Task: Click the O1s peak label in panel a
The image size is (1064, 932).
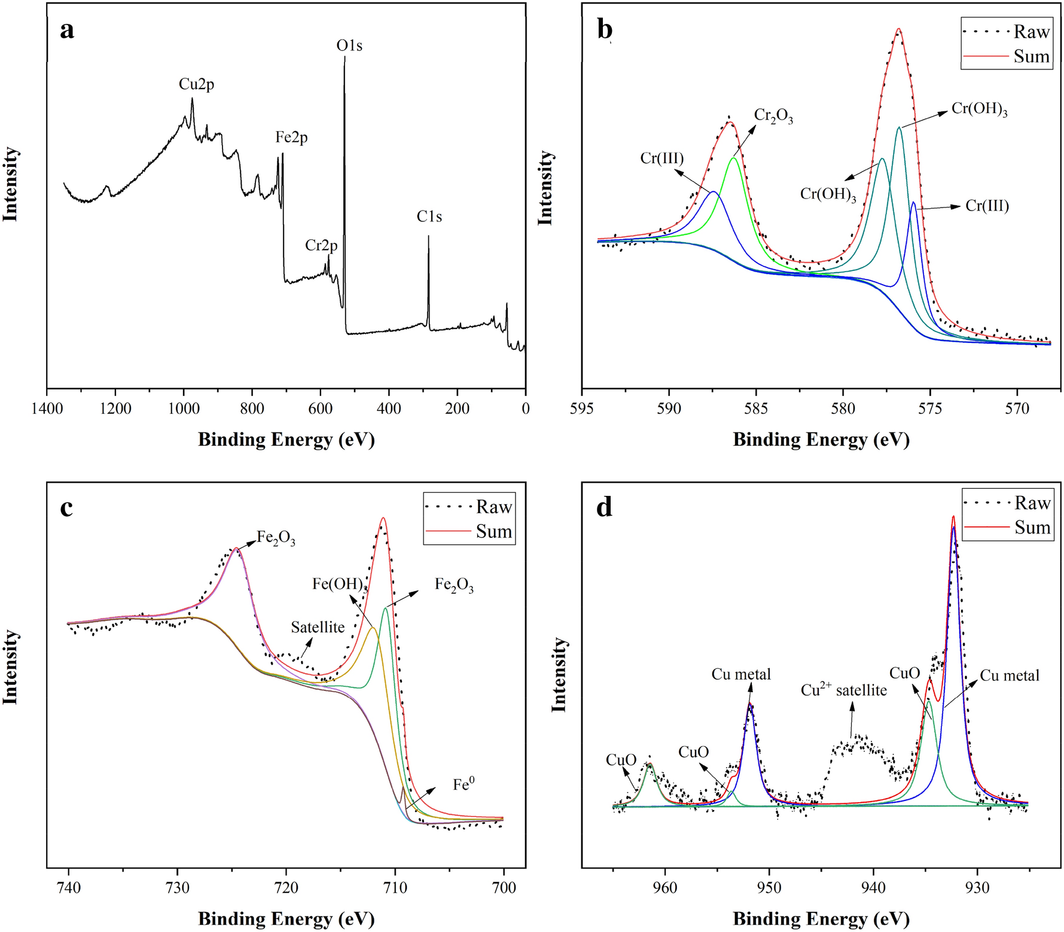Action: [349, 45]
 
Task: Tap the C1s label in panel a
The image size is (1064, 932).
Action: [429, 217]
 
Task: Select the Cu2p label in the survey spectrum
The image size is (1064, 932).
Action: [196, 84]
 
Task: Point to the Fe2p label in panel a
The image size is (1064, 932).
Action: [291, 138]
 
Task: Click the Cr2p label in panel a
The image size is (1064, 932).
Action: [321, 245]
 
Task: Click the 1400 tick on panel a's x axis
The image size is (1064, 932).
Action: [47, 409]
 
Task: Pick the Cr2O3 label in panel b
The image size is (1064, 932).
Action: [773, 115]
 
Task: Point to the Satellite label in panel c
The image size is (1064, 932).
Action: [318, 627]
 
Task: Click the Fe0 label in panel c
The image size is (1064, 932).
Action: [464, 784]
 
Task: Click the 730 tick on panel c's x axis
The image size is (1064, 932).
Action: [177, 888]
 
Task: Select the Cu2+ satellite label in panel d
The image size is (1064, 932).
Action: [843, 690]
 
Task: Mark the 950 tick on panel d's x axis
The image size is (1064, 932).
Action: [770, 888]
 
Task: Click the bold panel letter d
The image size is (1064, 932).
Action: [605, 507]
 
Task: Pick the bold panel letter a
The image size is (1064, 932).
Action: [67, 30]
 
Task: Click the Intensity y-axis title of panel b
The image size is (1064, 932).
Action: [545, 188]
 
